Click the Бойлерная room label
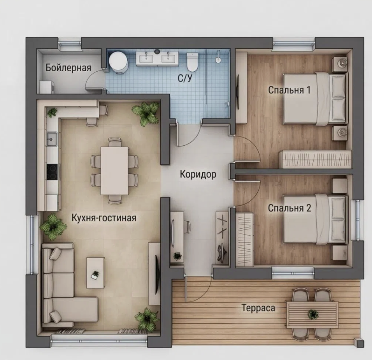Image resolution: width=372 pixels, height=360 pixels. coord(68,68)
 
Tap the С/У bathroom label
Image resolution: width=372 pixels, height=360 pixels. coord(185,78)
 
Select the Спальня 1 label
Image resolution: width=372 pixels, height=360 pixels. coord(289,90)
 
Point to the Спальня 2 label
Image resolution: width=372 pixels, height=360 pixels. coord(290,208)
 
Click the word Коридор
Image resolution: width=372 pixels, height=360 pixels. coord(198,175)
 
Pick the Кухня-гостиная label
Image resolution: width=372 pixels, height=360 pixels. coord(104,218)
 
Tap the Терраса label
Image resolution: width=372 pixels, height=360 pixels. coord(259,308)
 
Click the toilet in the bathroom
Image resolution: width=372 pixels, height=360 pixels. coord(192,62)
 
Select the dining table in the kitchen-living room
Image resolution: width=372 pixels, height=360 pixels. coord(114,171)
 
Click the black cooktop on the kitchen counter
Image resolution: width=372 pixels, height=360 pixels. coord(52,172)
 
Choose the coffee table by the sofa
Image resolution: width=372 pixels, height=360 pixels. coord(95,273)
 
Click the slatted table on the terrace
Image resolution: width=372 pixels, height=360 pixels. coord(312,315)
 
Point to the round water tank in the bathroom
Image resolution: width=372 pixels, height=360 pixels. coord(118,62)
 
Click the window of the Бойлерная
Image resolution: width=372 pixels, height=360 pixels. coord(70,44)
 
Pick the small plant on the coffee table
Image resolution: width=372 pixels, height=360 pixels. coord(95,274)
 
